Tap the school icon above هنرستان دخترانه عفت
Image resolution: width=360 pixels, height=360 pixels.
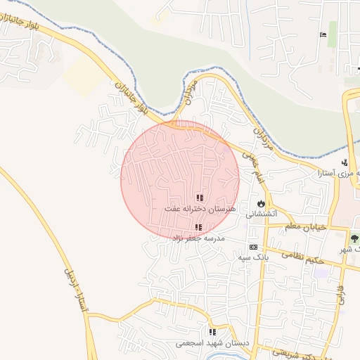[199, 198]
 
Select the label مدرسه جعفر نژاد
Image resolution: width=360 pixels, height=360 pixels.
[198, 238]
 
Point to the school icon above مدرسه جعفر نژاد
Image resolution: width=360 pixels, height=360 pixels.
[198, 227]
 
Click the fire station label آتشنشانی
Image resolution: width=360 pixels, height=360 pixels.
[262, 214]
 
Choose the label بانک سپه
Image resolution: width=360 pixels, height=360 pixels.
[253, 257]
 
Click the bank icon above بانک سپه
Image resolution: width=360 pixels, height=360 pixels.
[253, 247]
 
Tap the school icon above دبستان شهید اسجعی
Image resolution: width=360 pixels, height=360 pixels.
[212, 332]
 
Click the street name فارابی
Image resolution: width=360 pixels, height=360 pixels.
[340, 292]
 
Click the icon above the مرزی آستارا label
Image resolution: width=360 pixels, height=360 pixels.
[344, 162]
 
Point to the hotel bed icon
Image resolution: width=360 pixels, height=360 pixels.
[323, 35]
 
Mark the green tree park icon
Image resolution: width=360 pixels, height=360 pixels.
[354, 239]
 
